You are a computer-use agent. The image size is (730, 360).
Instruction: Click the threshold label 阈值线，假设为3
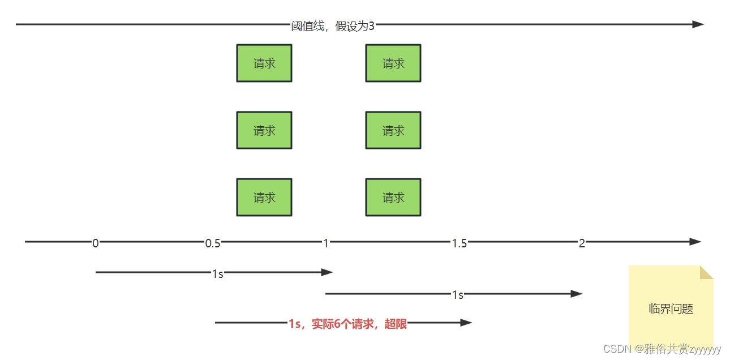tap(333, 26)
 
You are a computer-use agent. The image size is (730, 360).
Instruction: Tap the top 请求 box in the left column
tap(264, 63)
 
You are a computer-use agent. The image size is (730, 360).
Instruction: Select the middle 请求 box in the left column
tap(264, 131)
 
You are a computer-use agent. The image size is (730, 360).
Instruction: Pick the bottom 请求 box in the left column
tap(264, 198)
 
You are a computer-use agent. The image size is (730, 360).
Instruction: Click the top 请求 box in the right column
tap(393, 63)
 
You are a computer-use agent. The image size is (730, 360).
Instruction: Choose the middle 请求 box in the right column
tap(393, 131)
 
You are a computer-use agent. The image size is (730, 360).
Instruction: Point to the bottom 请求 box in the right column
tap(393, 198)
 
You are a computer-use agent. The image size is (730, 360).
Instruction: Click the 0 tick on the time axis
tap(95, 243)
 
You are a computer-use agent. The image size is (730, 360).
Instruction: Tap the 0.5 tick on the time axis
tap(213, 243)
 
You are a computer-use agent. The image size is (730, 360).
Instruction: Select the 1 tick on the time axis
tap(326, 243)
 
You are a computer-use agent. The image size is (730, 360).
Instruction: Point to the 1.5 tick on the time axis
tap(460, 243)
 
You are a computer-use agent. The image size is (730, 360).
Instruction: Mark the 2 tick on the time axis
tap(582, 243)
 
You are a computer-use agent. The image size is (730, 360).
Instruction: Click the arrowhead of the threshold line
tap(698, 24)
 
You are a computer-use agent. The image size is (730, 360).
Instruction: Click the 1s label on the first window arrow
tap(217, 274)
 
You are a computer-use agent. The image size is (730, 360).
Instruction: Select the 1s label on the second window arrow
tap(458, 295)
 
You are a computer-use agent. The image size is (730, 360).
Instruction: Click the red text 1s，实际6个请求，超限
tap(347, 324)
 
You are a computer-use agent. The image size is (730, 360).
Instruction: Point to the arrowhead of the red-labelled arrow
tap(466, 323)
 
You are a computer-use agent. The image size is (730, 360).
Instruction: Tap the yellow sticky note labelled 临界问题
tap(671, 308)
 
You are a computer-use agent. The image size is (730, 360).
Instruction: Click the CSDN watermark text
tap(662, 349)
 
